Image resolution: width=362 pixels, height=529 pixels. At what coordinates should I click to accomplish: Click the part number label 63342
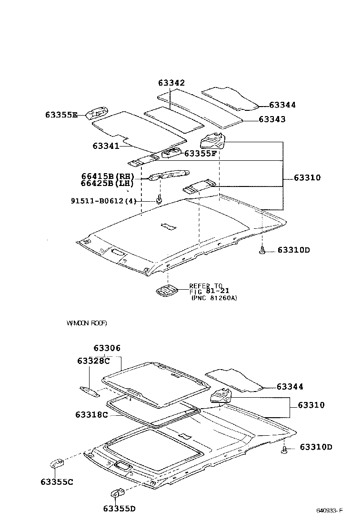(171, 83)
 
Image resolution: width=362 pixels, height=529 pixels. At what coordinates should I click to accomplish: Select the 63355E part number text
(61, 115)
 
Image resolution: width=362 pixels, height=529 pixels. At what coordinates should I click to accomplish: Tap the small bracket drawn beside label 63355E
(97, 112)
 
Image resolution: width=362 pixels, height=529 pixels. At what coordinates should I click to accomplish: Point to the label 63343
(272, 119)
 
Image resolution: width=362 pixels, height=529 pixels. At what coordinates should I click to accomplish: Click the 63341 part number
(106, 146)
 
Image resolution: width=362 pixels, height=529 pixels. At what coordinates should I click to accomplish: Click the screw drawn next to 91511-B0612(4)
(159, 199)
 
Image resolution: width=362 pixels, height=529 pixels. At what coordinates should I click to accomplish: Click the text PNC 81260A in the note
(214, 298)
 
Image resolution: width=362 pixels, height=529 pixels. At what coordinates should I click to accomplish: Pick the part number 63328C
(93, 361)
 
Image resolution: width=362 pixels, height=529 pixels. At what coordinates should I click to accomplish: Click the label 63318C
(91, 414)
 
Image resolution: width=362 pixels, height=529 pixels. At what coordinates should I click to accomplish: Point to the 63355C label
(57, 482)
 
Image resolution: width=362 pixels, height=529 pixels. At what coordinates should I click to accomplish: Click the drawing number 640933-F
(330, 511)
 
